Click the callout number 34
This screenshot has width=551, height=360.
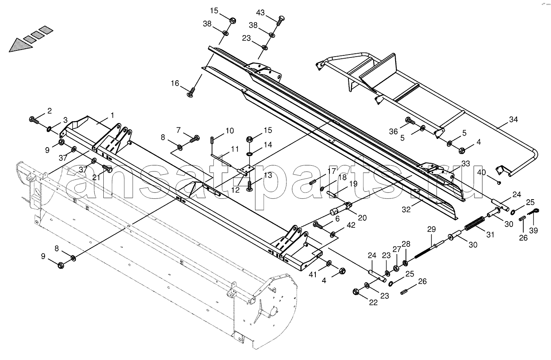tap(513, 119)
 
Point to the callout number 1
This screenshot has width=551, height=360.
tap(112, 115)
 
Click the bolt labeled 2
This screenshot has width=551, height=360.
tap(34, 120)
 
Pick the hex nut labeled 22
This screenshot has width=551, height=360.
tap(355, 292)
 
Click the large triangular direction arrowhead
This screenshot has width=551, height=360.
tap(21, 45)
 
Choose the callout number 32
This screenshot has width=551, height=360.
tap(406, 209)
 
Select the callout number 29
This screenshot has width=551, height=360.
tap(432, 229)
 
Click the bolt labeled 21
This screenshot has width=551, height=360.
tap(107, 169)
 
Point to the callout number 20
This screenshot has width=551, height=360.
tap(363, 218)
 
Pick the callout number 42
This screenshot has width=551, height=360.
tap(351, 225)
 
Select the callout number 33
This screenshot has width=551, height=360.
tap(466, 164)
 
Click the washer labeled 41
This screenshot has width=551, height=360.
tap(329, 264)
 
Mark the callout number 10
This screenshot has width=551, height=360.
tap(229, 131)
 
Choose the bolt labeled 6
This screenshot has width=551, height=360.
tap(318, 225)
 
